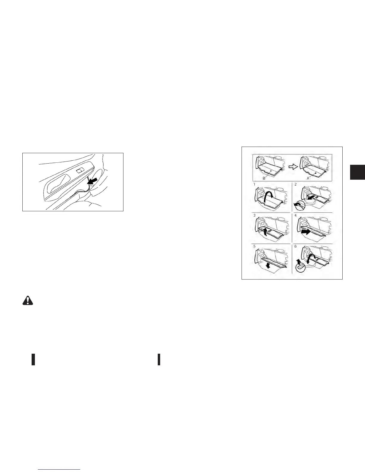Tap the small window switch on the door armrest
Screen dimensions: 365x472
(81, 170)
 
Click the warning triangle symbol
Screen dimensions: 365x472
(28, 300)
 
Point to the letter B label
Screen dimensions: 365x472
(264, 178)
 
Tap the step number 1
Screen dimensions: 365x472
(254, 185)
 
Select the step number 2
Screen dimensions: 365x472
(296, 185)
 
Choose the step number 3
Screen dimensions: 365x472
(254, 216)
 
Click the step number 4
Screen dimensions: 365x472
(296, 216)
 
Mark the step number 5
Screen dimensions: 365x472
(254, 247)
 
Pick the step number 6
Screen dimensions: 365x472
(296, 247)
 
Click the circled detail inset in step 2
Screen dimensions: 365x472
(300, 205)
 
